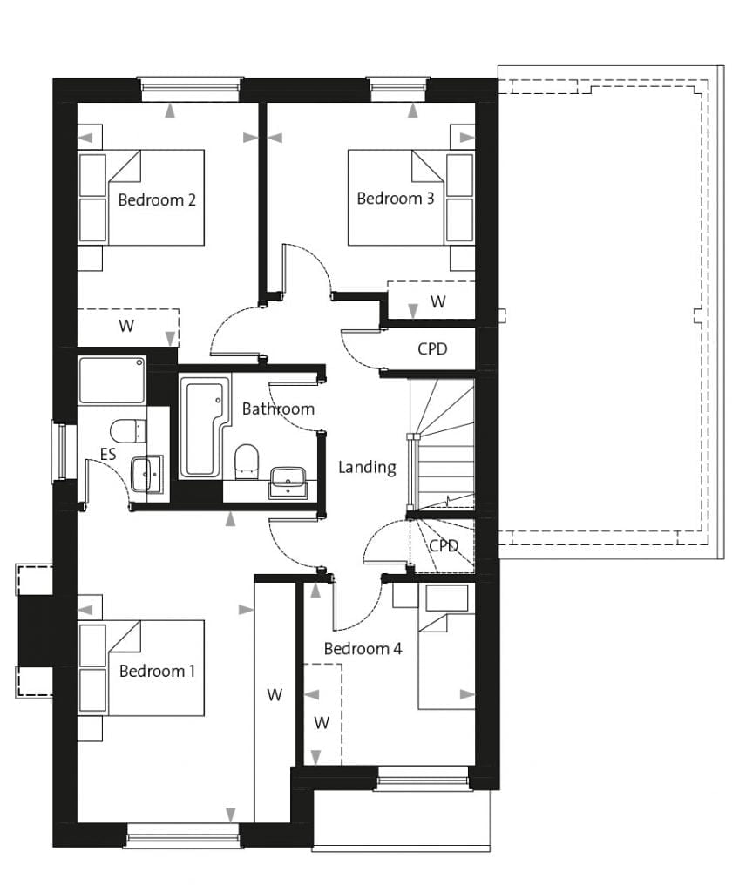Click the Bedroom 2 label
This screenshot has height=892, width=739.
pos(157,199)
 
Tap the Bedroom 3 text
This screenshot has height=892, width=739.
pos(395,198)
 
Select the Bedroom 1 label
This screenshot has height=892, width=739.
pos(157,671)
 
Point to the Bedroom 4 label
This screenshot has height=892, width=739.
pos(363,648)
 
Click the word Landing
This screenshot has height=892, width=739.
pos(367,467)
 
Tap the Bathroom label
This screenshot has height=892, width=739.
pos(278,409)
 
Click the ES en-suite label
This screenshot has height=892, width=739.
pos(108,454)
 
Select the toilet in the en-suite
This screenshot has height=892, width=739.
pos(128,431)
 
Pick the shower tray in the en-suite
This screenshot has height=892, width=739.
pos(112,380)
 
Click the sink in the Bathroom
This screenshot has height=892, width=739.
pos(288,483)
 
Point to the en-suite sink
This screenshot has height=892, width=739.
pos(146,475)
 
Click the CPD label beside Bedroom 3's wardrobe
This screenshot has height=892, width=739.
pos(432,348)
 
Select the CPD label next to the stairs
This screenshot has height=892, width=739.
pos(444,546)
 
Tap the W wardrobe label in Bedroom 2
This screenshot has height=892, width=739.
pos(126,326)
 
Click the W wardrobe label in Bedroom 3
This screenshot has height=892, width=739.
pos(437,301)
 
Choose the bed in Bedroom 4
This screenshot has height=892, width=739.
pos(446,647)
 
